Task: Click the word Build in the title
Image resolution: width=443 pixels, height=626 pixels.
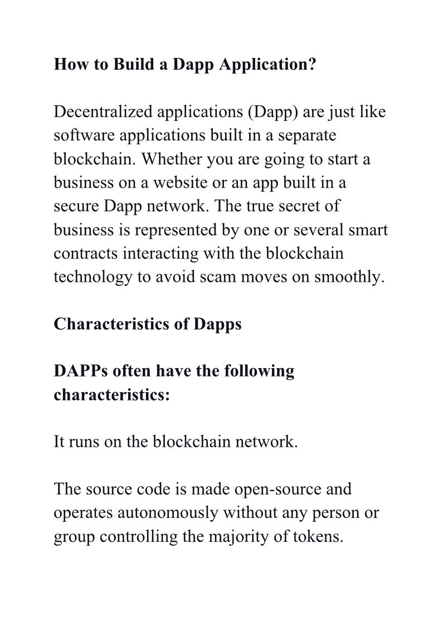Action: [x=134, y=65]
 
